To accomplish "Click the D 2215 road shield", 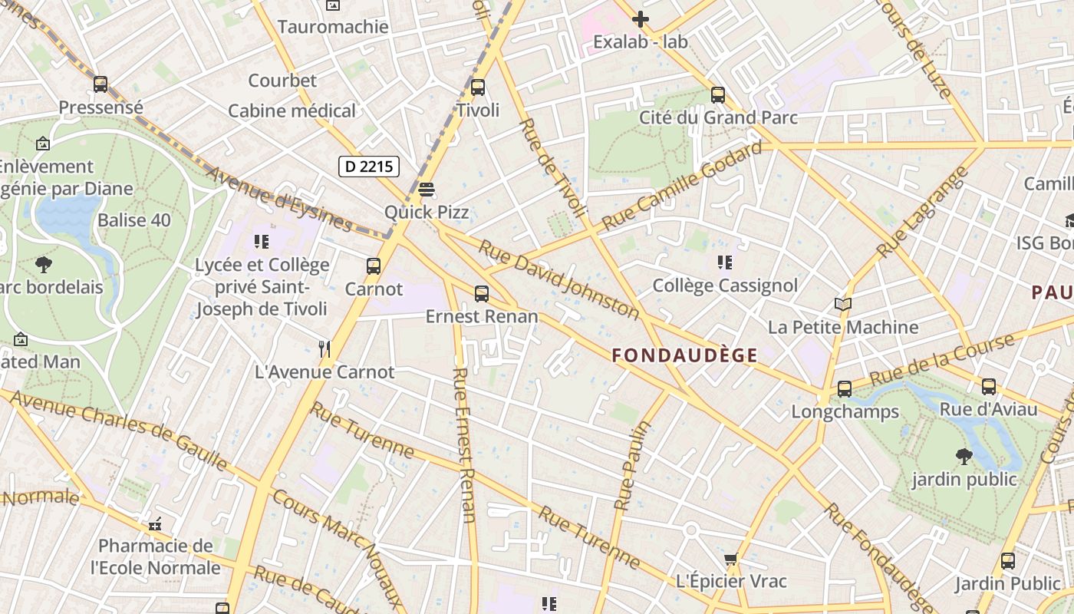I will (x=369, y=166).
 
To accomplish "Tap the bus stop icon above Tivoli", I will (x=478, y=87).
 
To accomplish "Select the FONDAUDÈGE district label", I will (x=685, y=355).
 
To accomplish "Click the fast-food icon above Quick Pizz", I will (x=427, y=189).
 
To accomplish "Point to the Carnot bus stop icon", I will (x=374, y=266).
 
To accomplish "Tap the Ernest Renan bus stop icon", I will (x=482, y=293).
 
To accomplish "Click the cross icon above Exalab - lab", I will (x=641, y=19).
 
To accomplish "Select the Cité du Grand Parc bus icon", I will (x=718, y=95).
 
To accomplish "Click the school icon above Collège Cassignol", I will (x=725, y=263).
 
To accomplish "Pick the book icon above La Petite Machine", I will (x=843, y=305).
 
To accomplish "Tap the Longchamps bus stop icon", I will (x=845, y=389).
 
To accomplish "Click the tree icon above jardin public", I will (x=964, y=457).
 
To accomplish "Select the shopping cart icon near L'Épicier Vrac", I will (x=731, y=559).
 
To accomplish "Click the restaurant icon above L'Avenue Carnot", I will (x=325, y=349).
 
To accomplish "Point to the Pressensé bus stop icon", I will (x=100, y=84).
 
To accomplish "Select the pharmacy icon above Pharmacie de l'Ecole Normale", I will (x=155, y=525).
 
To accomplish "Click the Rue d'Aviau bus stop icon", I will (x=989, y=387).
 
